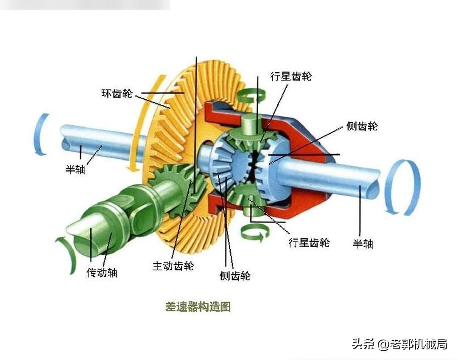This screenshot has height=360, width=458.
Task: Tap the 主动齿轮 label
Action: pyautogui.click(x=173, y=266)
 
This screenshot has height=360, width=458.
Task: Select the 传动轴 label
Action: pyautogui.click(x=102, y=272)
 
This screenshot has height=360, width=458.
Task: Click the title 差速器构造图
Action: pyautogui.click(x=198, y=307)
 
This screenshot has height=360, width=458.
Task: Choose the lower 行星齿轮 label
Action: pyautogui.click(x=309, y=242)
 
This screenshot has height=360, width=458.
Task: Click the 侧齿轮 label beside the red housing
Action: pyautogui.click(x=361, y=126)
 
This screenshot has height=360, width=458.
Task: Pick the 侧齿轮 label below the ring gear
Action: pyautogui.click(x=235, y=276)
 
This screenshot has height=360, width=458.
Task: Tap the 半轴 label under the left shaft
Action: pyautogui.click(x=75, y=169)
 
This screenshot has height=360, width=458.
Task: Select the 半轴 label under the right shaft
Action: pyautogui.click(x=363, y=243)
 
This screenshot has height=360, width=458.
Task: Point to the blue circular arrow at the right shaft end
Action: pyautogui.click(x=403, y=187)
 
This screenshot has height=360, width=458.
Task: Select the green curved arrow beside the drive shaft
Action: pyautogui.click(x=67, y=255)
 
